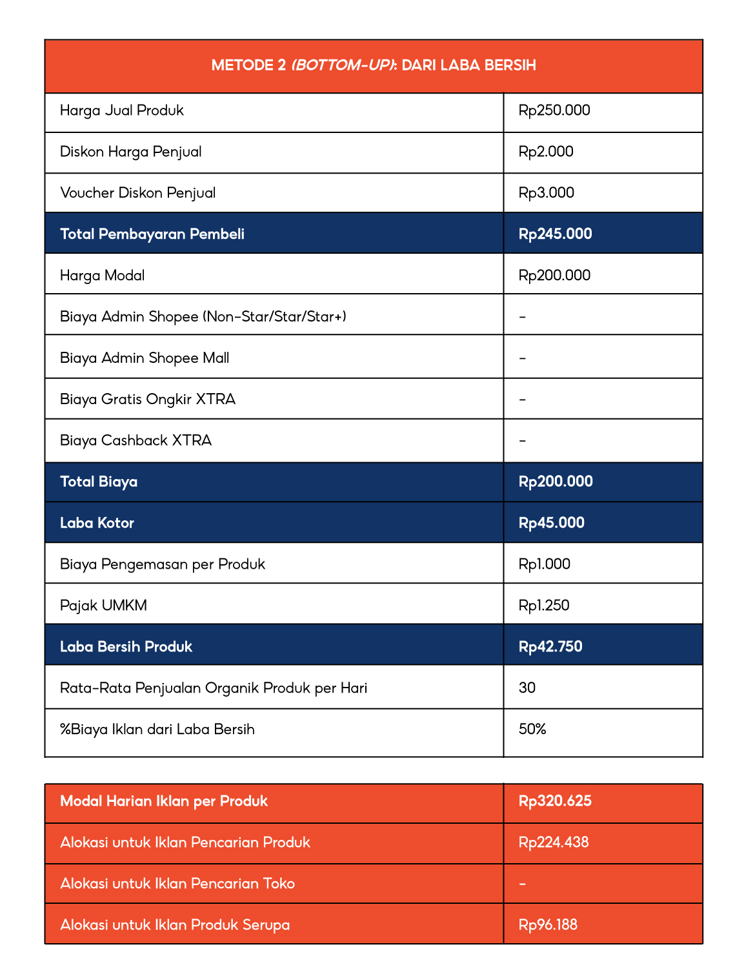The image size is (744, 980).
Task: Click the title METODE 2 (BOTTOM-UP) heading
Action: (374, 65)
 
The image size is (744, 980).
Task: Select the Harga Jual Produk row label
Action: (122, 110)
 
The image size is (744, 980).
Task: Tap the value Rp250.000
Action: (554, 110)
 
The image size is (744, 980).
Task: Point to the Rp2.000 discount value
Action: (546, 152)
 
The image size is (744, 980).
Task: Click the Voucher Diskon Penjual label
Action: (137, 193)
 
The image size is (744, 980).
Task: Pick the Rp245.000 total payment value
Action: (555, 234)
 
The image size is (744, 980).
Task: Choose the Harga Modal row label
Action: (102, 276)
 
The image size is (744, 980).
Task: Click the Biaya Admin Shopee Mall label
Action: (145, 358)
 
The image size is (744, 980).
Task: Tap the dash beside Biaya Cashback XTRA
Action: (523, 441)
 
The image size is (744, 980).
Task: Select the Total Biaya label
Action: (99, 482)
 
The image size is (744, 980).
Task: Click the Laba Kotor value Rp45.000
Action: (551, 523)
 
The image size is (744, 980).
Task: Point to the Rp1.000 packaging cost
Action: (544, 564)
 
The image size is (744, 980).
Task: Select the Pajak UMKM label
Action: (103, 606)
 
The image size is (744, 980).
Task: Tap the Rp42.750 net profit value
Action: (550, 647)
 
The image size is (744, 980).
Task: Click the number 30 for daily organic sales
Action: (527, 688)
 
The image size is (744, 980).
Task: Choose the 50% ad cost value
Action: (532, 730)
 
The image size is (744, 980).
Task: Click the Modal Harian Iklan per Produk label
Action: (164, 801)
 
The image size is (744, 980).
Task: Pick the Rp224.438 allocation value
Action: (554, 842)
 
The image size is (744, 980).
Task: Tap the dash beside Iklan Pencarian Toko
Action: (523, 884)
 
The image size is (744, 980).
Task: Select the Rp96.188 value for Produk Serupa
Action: (548, 925)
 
